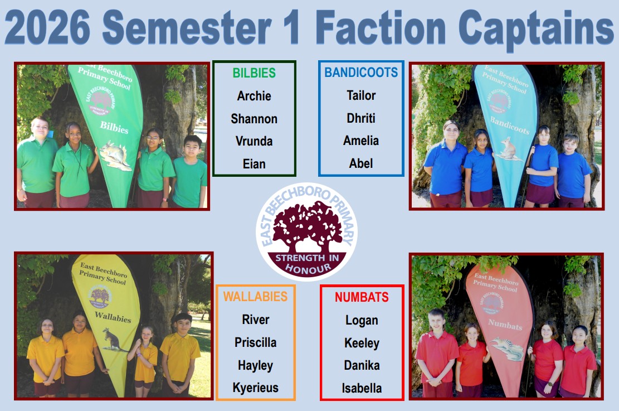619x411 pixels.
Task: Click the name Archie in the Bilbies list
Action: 254,96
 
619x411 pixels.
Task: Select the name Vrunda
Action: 254,141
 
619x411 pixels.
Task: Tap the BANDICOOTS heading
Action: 361,72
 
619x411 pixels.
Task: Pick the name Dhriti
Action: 361,118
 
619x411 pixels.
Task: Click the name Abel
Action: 361,163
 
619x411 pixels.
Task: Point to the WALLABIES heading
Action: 255,296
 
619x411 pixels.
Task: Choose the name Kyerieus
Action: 255,388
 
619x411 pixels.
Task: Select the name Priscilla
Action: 255,342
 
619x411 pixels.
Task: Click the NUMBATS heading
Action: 362,297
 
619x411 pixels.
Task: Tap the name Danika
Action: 362,365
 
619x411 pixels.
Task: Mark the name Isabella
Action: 362,388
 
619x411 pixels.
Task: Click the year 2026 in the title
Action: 48,28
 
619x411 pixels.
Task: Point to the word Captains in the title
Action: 535,29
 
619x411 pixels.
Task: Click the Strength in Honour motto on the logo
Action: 307,264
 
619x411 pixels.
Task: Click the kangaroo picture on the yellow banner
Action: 113,340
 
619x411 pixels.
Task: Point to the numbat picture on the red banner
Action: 507,349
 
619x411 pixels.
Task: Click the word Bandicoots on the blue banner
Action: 510,125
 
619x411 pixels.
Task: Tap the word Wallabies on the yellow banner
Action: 113,317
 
